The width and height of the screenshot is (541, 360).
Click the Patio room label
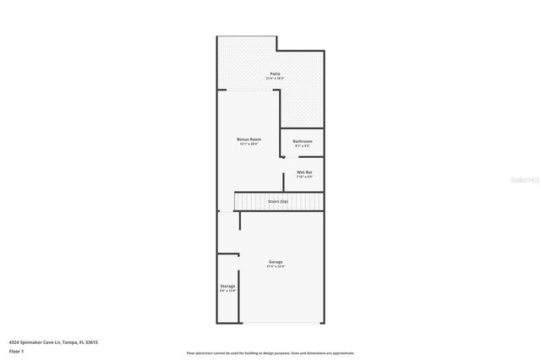pos(276,74)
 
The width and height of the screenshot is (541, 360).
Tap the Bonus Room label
pos(249,139)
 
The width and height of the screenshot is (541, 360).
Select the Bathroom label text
pos(303,141)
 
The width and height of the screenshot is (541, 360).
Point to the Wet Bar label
pos(304,172)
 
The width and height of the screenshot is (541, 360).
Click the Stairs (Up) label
pos(278,202)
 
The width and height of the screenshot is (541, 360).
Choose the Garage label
pos(276,262)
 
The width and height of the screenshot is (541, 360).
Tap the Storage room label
pos(227,286)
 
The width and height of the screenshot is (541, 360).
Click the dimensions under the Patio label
pos(276,79)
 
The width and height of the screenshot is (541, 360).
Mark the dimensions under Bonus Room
pos(249,144)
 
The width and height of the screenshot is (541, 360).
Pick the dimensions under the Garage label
pos(276,267)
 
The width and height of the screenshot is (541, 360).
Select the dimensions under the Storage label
pos(227,292)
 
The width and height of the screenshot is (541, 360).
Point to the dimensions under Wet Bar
pos(304,177)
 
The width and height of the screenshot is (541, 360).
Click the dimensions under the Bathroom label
pos(303,146)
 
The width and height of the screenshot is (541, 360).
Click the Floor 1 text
pos(17,350)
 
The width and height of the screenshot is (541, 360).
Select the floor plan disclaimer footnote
pos(270,352)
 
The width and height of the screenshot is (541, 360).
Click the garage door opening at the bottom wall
pos(281,323)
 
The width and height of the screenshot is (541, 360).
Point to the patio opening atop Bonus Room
pos(249,90)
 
